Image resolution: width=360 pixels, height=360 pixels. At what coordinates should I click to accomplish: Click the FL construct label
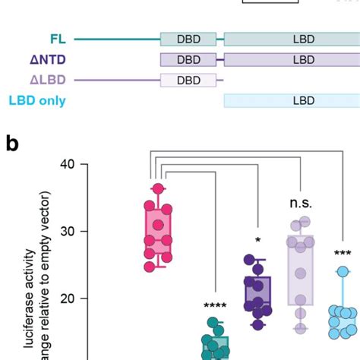pyautogui.click(x=56, y=36)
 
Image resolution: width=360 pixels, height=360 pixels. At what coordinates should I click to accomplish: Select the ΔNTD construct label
pyautogui.click(x=47, y=58)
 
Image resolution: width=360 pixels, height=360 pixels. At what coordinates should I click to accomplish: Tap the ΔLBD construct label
pyautogui.click(x=48, y=79)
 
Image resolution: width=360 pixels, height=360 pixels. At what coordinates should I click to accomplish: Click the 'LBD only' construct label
pyautogui.click(x=37, y=100)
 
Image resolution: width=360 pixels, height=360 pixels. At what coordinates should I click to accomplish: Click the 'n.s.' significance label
pyautogui.click(x=302, y=204)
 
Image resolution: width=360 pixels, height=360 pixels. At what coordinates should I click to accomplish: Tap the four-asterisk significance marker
pyautogui.click(x=216, y=307)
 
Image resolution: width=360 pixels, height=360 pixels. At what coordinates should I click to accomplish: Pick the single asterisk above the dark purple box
pyautogui.click(x=257, y=241)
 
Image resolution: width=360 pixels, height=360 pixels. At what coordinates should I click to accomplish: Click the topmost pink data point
pyautogui.click(x=158, y=188)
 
